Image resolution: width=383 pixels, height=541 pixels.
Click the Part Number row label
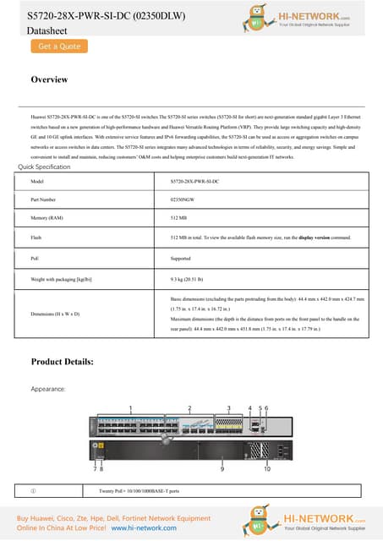tap(43, 200)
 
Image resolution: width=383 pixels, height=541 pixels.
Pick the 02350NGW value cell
tap(183, 200)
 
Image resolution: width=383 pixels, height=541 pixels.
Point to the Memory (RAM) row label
tap(47, 219)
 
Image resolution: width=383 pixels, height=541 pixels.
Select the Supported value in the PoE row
tap(181, 258)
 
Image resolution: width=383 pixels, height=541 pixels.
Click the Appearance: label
tap(48, 389)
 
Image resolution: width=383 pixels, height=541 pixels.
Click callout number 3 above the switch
tap(228, 407)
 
